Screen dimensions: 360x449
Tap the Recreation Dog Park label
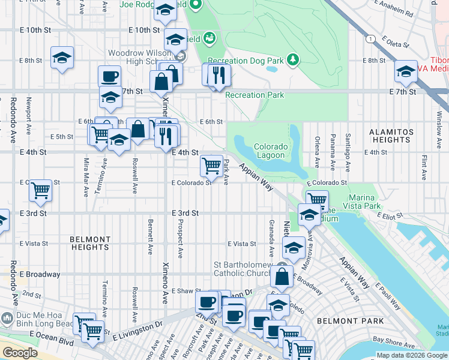[255, 60]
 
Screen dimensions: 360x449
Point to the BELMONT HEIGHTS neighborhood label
[90, 243]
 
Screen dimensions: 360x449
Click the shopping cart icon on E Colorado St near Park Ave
[211, 166]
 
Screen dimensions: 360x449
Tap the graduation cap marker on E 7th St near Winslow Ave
[406, 71]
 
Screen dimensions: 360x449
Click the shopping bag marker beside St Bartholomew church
[282, 277]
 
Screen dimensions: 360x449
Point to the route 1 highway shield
[372, 38]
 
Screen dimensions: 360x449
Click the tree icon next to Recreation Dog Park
[292, 59]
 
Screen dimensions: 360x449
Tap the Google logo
[20, 353]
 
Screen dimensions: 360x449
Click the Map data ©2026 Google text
[411, 355]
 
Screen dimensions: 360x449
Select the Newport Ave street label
[28, 122]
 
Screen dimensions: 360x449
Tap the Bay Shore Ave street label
[394, 340]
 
